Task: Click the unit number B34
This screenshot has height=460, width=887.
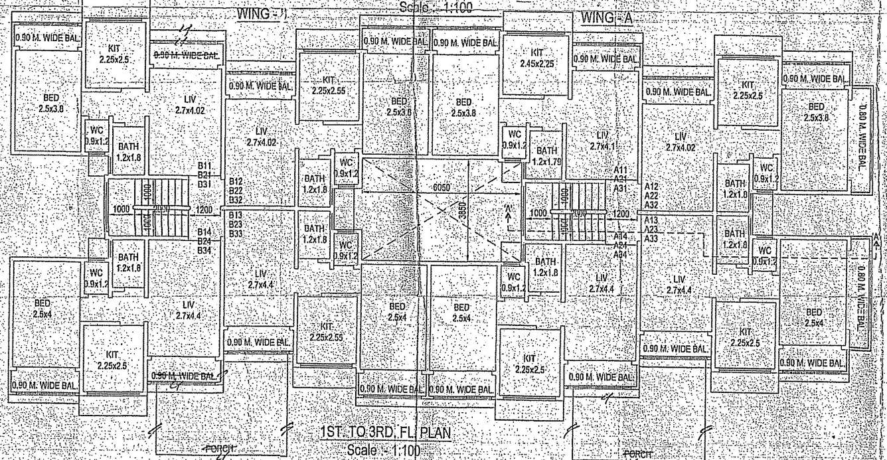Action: tap(204, 250)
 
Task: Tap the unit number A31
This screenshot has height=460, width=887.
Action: tap(621, 188)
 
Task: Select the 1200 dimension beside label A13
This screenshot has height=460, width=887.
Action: tap(621, 214)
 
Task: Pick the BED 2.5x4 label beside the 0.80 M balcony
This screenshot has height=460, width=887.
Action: tap(813, 317)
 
